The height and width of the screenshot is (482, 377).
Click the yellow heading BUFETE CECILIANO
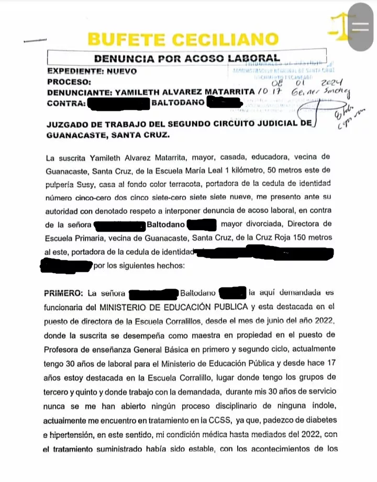click(183, 39)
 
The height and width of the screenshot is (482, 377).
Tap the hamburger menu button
click(361, 28)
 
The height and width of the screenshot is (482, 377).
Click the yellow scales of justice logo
click(340, 27)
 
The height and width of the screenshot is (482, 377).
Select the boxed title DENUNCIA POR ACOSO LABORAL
click(186, 58)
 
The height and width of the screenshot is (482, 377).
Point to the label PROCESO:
click(69, 82)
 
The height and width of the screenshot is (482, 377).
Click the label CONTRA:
click(66, 102)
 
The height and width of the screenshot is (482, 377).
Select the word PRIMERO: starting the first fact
click(64, 292)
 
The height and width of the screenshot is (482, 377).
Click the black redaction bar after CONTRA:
click(119, 103)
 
